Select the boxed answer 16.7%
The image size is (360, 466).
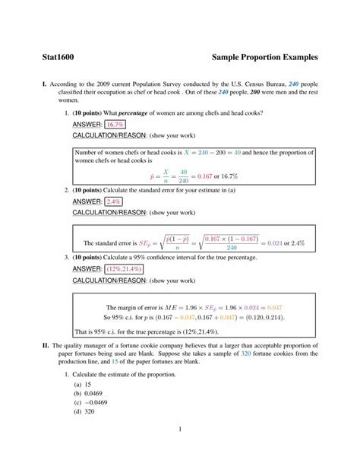(115, 124)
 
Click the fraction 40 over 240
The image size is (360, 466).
(182, 176)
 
